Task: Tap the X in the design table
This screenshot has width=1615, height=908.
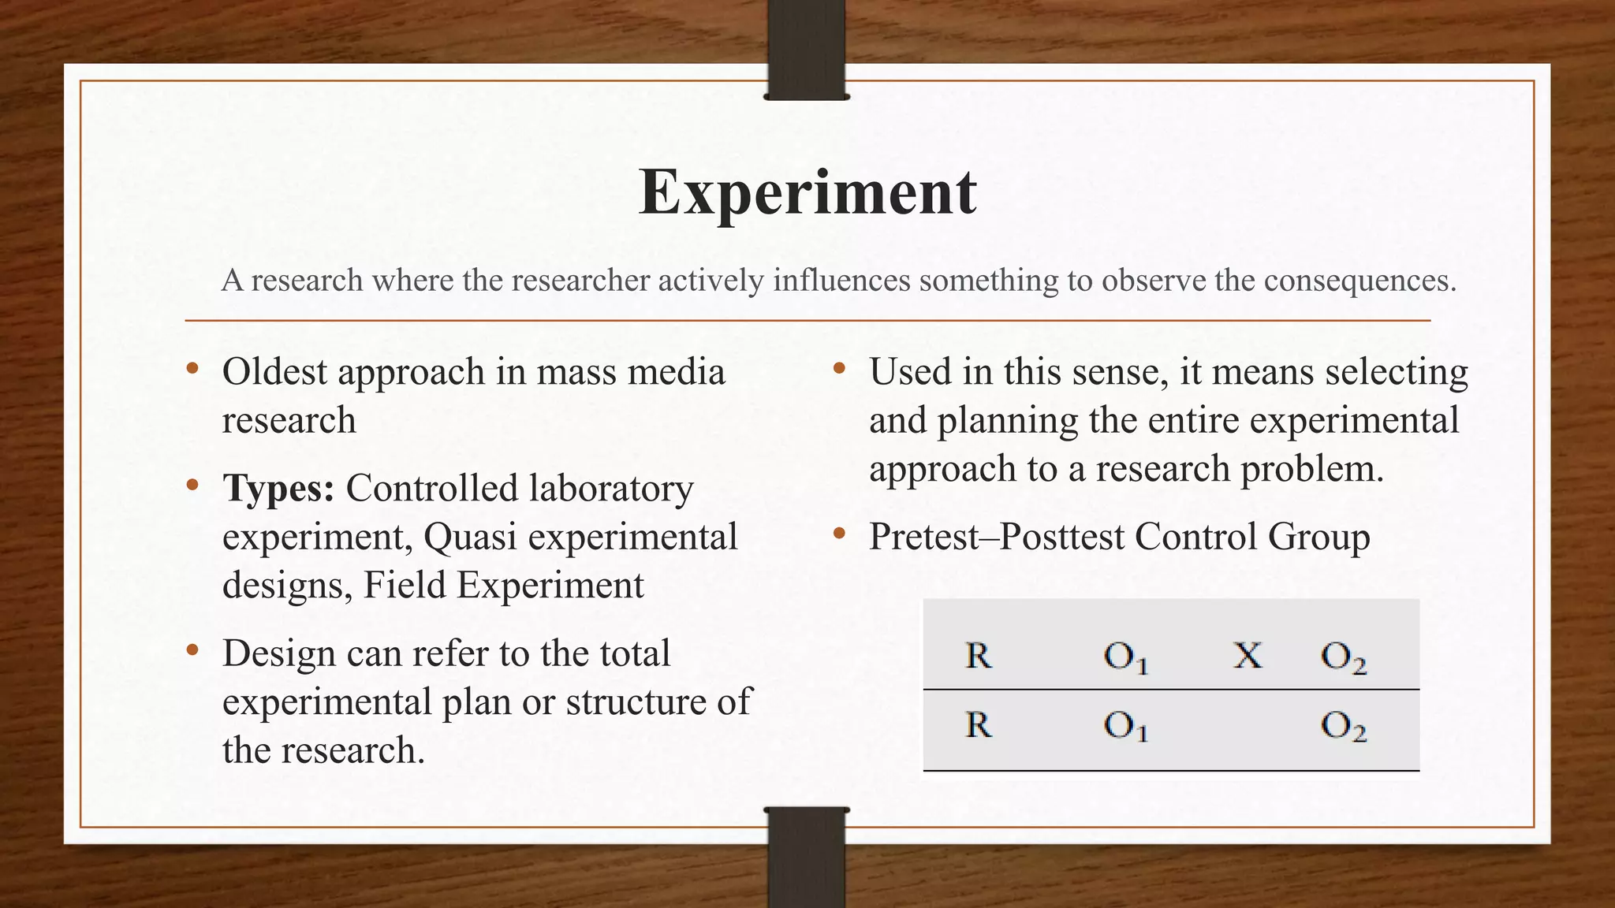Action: (1248, 655)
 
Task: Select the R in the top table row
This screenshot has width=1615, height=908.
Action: (978, 655)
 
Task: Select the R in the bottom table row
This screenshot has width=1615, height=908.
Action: (978, 724)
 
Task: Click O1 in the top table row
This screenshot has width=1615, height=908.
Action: (1125, 657)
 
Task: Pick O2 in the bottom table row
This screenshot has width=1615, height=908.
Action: (1344, 726)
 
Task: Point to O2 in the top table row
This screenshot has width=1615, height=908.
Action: (1344, 657)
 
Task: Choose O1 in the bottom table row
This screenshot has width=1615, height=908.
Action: (1125, 726)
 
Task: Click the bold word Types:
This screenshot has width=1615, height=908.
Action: (278, 489)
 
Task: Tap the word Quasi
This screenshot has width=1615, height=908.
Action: (470, 537)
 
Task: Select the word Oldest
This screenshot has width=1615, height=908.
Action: (274, 371)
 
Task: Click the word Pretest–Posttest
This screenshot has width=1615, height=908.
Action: (997, 537)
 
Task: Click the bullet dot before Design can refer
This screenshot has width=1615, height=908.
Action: (192, 651)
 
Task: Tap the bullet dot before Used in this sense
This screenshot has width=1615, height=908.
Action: (839, 369)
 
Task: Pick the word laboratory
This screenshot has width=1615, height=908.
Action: (611, 489)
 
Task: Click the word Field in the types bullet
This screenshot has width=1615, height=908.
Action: (405, 586)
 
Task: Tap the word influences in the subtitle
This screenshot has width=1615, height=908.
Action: (841, 280)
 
